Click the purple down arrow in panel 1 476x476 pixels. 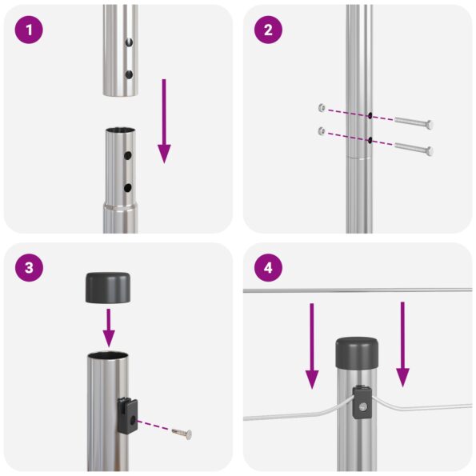[164, 120]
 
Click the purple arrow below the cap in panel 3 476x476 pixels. [109, 328]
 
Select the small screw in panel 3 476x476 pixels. [183, 433]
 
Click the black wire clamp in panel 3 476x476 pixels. [126, 414]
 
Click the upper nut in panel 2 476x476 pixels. [321, 107]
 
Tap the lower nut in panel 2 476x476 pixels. [321, 130]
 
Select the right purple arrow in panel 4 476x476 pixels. [402, 344]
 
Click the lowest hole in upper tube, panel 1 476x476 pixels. [129, 74]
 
